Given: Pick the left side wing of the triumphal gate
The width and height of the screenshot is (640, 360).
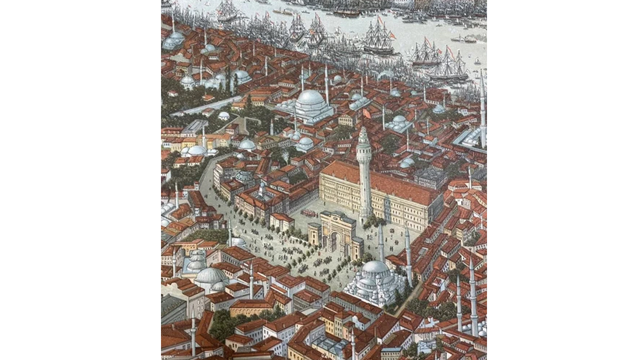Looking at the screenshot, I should tap(314, 234).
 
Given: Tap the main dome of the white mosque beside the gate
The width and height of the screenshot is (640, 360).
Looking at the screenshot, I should tap(375, 267).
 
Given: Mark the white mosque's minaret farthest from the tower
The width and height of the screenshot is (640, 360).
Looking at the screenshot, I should tap(408, 255).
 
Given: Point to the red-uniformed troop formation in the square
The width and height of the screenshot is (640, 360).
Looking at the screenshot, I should tap(309, 213).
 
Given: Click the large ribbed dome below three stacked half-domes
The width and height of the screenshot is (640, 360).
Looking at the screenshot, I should tap(210, 275).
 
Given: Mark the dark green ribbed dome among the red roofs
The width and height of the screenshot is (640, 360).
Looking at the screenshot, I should tap(244, 176).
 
